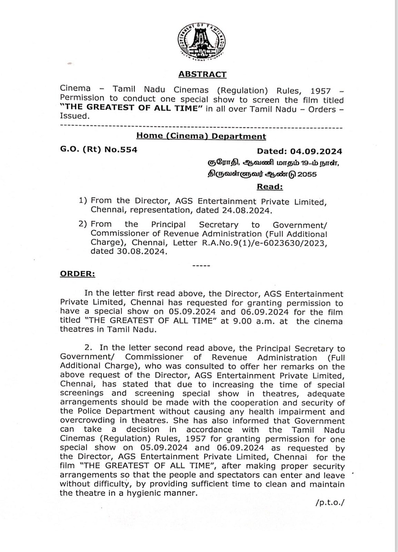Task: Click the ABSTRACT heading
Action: (x=202, y=74)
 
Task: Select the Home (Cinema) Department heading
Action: (x=201, y=136)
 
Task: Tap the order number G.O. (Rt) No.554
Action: (x=99, y=150)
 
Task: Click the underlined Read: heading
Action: (x=270, y=187)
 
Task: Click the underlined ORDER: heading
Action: (x=78, y=274)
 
